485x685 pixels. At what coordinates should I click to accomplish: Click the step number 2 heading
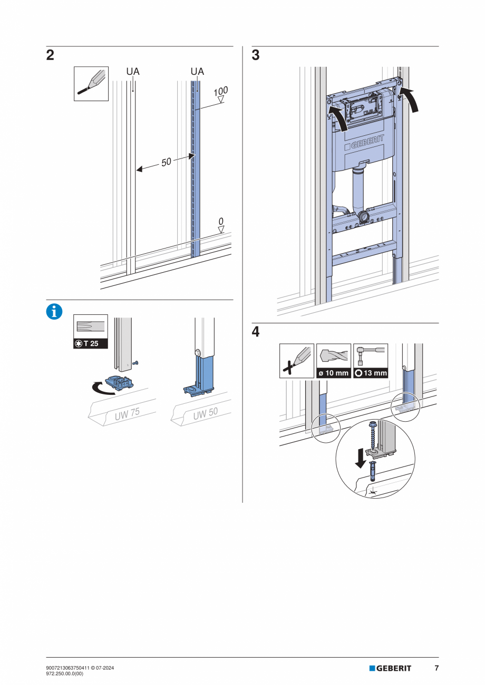pyautogui.click(x=50, y=55)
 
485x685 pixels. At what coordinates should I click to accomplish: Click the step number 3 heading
pyautogui.click(x=256, y=55)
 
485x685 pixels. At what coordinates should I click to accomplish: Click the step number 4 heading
pyautogui.click(x=256, y=332)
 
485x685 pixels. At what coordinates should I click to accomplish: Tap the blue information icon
pyautogui.click(x=54, y=312)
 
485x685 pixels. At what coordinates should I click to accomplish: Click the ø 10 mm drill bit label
pyautogui.click(x=334, y=373)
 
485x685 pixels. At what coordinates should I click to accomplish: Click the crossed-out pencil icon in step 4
pyautogui.click(x=296, y=360)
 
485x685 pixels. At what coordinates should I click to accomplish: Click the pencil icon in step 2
pyautogui.click(x=91, y=83)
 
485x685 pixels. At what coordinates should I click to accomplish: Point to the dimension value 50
pyautogui.click(x=166, y=162)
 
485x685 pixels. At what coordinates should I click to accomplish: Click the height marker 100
pyautogui.click(x=221, y=92)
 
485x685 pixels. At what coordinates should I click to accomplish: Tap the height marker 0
pyautogui.click(x=221, y=222)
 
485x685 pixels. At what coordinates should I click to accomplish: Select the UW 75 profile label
pyautogui.click(x=127, y=414)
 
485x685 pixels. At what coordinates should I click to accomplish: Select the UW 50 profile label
pyautogui.click(x=205, y=414)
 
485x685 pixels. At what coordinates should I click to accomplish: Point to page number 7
pyautogui.click(x=436, y=668)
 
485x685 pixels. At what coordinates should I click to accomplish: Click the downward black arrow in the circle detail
pyautogui.click(x=361, y=457)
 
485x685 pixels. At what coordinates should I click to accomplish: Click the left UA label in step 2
pyautogui.click(x=132, y=71)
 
